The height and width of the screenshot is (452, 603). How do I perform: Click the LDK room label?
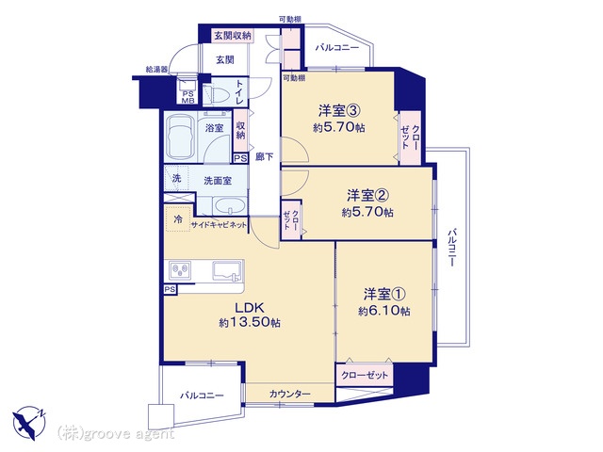(x=249, y=308)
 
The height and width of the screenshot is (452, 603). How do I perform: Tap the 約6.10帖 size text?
(x=383, y=311)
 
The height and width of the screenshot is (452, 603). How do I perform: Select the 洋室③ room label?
(x=338, y=111)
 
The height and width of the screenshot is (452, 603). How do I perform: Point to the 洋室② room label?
(x=367, y=196)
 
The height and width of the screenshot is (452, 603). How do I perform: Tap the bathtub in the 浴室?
(x=180, y=137)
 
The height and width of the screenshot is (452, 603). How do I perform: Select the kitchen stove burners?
(x=180, y=270)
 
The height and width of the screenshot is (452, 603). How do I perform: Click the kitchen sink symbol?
(x=228, y=270)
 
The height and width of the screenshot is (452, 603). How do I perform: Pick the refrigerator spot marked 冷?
(x=178, y=219)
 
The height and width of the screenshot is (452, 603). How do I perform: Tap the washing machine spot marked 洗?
(x=176, y=178)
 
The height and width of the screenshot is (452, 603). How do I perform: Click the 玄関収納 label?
(x=233, y=36)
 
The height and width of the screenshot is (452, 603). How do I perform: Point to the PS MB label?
(x=188, y=97)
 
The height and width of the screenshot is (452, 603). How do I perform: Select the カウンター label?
(x=289, y=394)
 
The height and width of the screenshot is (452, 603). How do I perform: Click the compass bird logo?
(x=29, y=423)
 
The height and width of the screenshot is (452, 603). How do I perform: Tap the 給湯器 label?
(x=156, y=70)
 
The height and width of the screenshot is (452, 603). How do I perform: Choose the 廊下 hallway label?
(x=265, y=157)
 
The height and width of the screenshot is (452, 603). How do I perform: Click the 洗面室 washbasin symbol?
(x=230, y=206)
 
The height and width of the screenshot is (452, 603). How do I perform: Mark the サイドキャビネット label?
(x=219, y=225)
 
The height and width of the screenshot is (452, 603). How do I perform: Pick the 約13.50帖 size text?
(x=250, y=322)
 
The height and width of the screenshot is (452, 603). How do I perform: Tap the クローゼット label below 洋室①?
(x=365, y=375)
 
